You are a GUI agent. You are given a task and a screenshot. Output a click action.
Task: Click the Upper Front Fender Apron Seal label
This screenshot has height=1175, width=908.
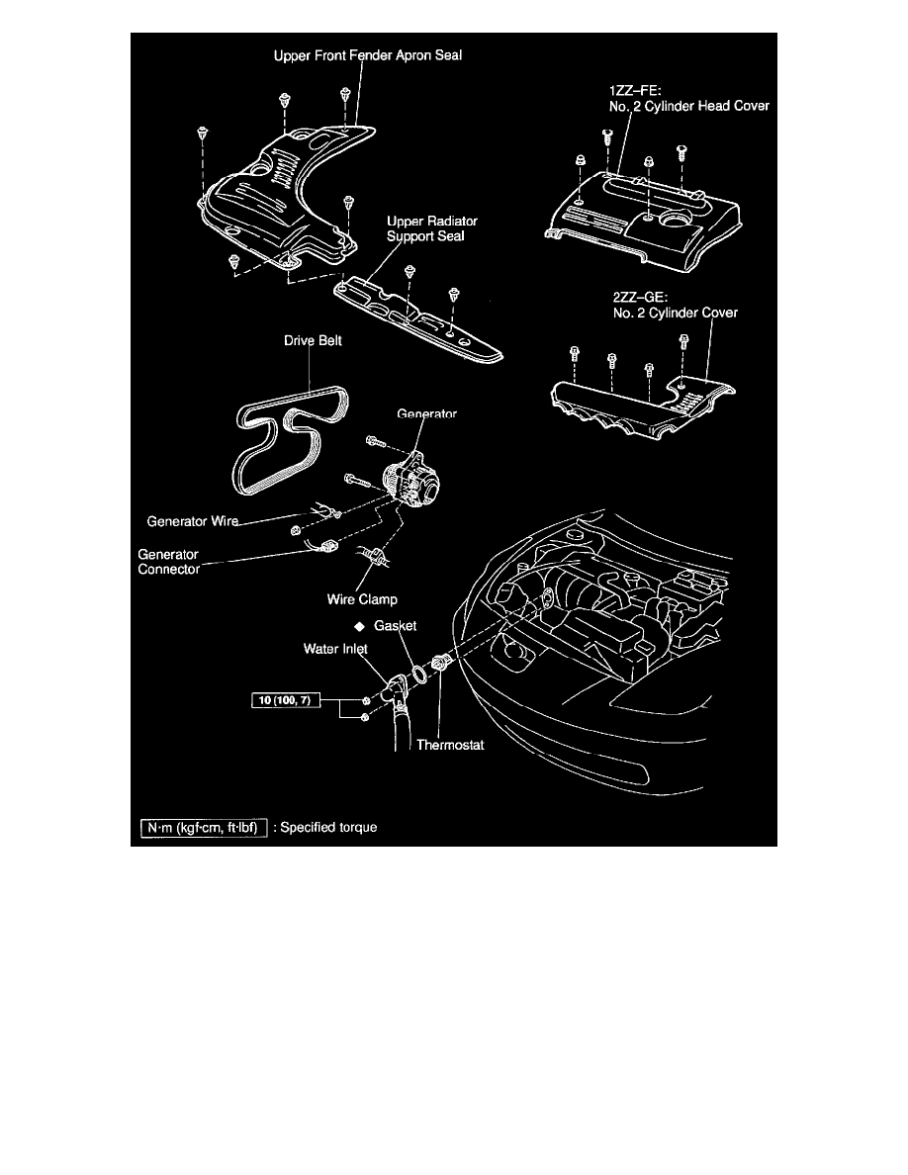click(x=367, y=55)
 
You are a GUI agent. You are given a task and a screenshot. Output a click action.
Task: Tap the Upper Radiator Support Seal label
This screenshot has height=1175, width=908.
click(x=431, y=228)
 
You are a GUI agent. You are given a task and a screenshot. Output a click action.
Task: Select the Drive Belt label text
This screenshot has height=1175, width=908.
click(x=313, y=340)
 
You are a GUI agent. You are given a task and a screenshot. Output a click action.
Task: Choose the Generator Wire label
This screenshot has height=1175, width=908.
click(x=193, y=521)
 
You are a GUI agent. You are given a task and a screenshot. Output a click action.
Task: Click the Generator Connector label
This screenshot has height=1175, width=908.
click(x=168, y=561)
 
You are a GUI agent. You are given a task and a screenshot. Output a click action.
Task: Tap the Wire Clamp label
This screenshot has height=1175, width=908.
click(x=362, y=599)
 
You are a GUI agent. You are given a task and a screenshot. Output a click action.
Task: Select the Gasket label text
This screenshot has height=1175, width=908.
click(x=395, y=626)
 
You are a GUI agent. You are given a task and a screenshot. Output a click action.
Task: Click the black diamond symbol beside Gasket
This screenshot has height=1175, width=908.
click(x=360, y=626)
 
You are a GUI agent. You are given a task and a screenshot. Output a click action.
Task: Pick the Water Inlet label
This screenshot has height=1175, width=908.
click(x=335, y=649)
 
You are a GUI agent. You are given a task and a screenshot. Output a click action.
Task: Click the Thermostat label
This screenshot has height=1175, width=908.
click(x=450, y=745)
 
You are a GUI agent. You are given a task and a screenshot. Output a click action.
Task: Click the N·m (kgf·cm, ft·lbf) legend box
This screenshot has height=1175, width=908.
click(x=204, y=828)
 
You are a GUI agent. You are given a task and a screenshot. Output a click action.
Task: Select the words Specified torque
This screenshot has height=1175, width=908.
click(x=328, y=827)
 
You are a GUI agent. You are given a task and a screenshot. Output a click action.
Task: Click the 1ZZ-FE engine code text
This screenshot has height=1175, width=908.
click(x=635, y=91)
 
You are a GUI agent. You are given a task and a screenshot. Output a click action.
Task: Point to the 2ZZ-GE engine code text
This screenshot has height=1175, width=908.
click(x=640, y=298)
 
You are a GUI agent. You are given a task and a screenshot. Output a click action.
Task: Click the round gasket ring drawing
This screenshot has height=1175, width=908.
click(x=421, y=674)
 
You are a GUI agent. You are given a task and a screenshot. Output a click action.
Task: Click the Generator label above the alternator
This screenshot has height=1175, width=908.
click(x=426, y=413)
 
